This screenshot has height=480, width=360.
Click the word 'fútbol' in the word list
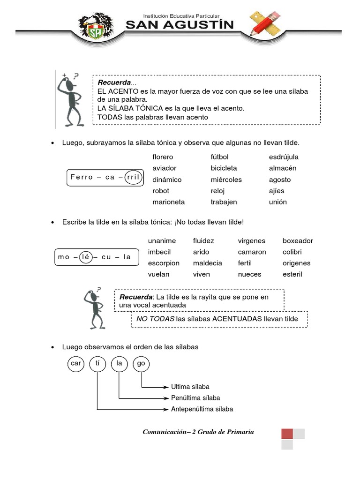(219, 157)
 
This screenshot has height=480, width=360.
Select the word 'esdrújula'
(284, 157)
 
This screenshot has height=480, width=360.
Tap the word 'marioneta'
(169, 202)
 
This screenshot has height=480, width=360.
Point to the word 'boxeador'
(298, 241)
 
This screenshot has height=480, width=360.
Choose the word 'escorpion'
(164, 263)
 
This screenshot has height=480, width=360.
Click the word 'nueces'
(249, 275)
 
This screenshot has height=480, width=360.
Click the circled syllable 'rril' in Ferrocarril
(134, 177)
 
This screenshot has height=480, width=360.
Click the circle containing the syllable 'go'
(141, 364)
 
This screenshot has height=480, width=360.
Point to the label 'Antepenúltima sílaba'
(202, 409)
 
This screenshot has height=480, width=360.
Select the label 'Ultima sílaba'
(190, 387)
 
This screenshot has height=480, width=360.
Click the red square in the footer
(287, 434)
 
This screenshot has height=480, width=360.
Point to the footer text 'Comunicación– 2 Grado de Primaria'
(198, 432)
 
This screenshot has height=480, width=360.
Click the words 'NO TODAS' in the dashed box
(155, 319)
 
